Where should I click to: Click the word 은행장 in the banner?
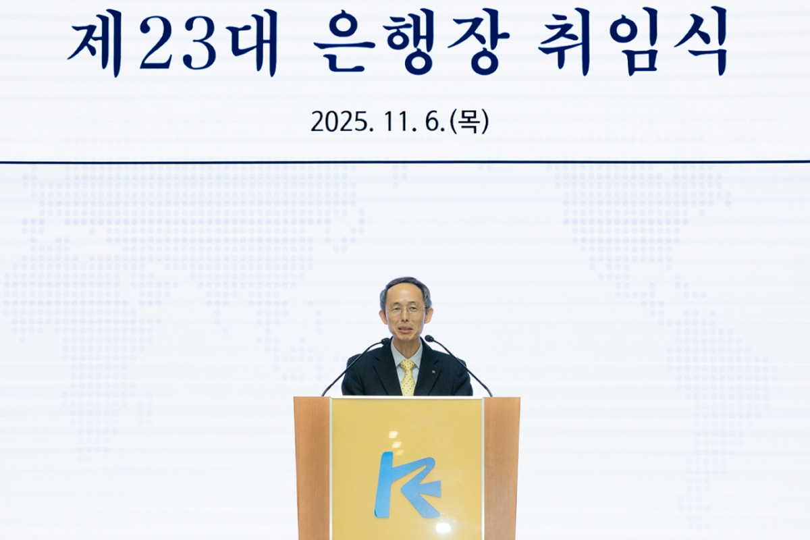click(x=411, y=40)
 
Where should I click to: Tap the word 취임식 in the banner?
click(x=632, y=40)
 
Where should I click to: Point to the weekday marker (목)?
click(x=469, y=122)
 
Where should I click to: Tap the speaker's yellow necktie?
click(x=408, y=377)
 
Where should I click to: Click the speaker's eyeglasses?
click(x=406, y=310)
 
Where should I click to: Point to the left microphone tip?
click(x=385, y=342)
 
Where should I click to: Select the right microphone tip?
click(x=428, y=338)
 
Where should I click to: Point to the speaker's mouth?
click(x=406, y=330)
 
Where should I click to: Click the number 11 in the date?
click(x=397, y=122)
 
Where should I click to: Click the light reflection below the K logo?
click(x=443, y=527)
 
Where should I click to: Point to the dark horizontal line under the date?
click(x=405, y=162)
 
